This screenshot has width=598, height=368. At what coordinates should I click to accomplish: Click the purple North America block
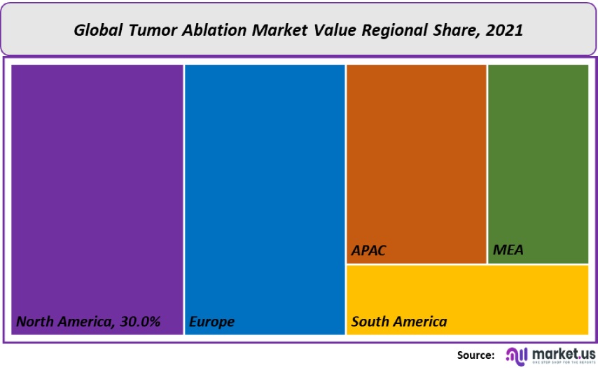[x=97, y=189]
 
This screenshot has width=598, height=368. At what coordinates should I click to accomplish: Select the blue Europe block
[x=265, y=189]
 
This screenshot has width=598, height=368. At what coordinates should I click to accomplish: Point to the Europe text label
[x=211, y=322]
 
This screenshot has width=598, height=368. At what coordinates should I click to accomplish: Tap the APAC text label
[x=369, y=250]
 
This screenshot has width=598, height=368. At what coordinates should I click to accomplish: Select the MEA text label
[x=508, y=250]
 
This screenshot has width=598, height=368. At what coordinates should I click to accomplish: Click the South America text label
[x=399, y=322]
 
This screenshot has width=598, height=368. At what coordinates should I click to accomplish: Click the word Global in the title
[x=97, y=30]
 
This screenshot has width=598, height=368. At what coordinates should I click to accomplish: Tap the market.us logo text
[x=564, y=353]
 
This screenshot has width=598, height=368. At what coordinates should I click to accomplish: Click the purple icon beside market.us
[x=516, y=355]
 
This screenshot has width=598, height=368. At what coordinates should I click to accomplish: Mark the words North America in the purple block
[x=61, y=322]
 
